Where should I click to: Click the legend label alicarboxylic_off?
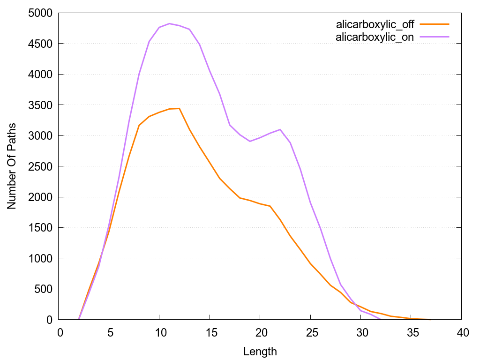click(375, 24)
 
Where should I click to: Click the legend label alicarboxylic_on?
click(375, 37)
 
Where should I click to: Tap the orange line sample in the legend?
click(435, 24)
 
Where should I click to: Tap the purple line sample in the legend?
click(435, 37)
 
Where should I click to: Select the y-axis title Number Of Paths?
click(11, 166)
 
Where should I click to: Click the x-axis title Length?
click(260, 351)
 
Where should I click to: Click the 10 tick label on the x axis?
click(159, 332)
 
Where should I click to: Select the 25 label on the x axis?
click(310, 332)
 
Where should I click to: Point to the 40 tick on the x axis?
click(461, 332)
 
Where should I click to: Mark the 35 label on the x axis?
click(411, 332)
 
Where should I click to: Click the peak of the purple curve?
click(169, 23)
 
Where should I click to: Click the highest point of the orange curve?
click(179, 108)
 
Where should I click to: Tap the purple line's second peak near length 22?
click(280, 129)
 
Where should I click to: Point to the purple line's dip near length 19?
click(250, 141)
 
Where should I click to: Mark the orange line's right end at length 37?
click(431, 319)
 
